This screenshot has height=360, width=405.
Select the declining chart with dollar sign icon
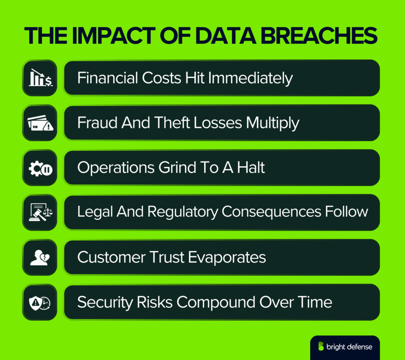coord(40,78)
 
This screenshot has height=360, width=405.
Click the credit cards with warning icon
coord(40,123)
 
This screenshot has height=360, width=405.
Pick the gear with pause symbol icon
coord(40,168)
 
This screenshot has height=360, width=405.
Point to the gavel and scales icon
coord(40,212)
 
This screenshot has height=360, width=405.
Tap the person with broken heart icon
coord(40,258)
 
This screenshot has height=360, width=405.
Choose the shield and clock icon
coord(40,302)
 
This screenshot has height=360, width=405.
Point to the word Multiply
coord(273,123)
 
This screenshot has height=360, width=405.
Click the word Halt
coord(251,168)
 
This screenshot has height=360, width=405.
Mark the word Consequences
coord(272,212)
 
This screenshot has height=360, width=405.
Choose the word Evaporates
coord(227,258)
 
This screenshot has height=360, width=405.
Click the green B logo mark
coord(321,347)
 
